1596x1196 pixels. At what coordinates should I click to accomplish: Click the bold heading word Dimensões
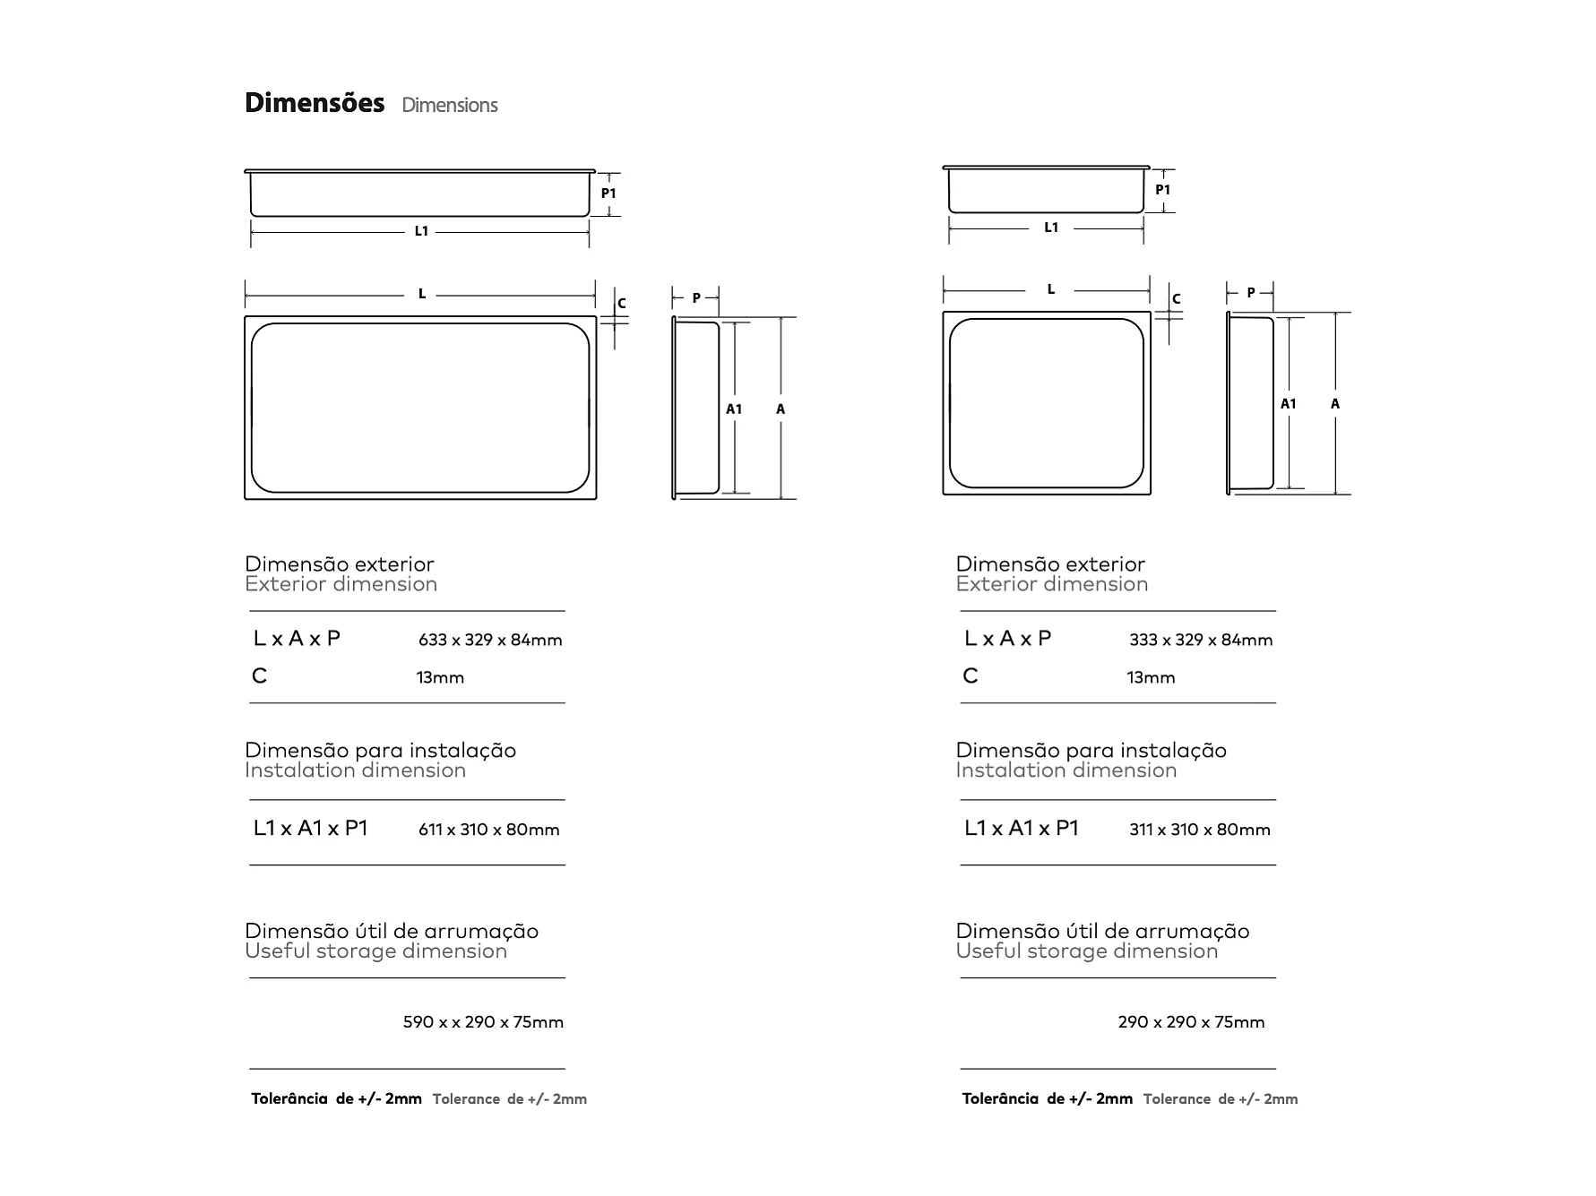(x=315, y=103)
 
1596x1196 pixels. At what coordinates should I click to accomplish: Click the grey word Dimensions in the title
(x=449, y=105)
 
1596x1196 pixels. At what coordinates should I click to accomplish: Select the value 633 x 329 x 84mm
(x=490, y=640)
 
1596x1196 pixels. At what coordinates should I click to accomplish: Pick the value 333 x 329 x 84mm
(x=1201, y=640)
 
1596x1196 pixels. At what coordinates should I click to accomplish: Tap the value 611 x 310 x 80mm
(x=488, y=830)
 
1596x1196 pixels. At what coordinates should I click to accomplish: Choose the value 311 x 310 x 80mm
(x=1200, y=830)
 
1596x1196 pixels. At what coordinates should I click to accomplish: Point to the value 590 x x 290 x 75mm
(x=483, y=1022)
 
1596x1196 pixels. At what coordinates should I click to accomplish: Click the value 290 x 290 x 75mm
(x=1191, y=1022)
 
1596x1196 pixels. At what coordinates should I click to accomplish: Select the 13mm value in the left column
(x=440, y=677)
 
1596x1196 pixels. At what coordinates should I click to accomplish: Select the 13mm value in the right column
(x=1151, y=677)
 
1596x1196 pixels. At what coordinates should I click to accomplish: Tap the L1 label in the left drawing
(x=421, y=231)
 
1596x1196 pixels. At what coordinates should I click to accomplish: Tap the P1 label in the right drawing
(x=1162, y=190)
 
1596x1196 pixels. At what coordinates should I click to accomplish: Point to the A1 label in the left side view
(x=734, y=409)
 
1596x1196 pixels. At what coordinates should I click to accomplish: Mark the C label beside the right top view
(x=1177, y=299)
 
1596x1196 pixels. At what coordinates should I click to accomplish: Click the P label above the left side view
(x=696, y=298)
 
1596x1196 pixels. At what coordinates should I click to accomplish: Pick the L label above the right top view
(x=1051, y=290)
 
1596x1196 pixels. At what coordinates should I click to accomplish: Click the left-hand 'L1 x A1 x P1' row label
(x=310, y=828)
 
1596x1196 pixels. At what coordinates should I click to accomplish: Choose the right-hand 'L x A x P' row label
(x=1007, y=639)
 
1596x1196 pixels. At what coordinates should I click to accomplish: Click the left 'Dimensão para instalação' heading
(x=380, y=751)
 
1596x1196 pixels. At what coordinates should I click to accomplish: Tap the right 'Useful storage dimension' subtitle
(x=1086, y=951)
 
